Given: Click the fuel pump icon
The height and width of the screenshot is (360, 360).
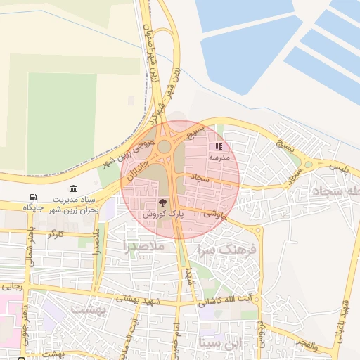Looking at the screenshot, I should click(32, 197).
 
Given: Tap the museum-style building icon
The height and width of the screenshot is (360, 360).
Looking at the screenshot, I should click(74, 188).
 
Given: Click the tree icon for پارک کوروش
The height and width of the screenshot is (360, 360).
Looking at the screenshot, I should click(164, 202).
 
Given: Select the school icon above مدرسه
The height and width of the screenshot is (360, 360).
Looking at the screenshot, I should click(219, 146).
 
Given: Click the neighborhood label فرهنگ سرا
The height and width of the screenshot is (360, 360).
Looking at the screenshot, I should click(229, 250).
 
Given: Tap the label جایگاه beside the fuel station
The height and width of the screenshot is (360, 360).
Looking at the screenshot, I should click(34, 207).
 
